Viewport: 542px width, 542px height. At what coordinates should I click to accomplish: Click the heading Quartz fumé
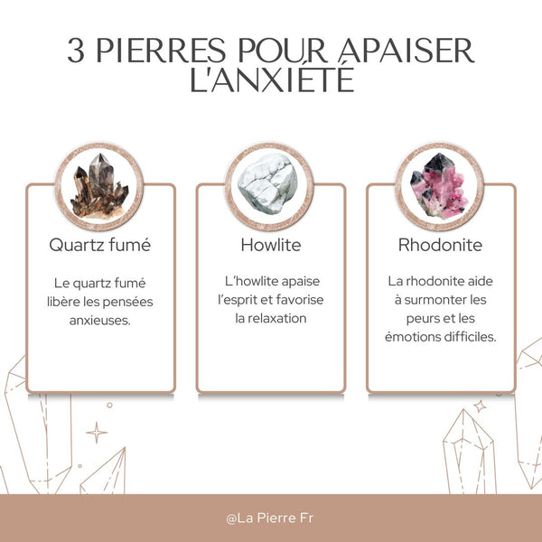(x=100, y=245)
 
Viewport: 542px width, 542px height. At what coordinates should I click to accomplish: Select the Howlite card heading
(x=270, y=245)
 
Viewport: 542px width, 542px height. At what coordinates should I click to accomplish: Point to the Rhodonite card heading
(x=440, y=245)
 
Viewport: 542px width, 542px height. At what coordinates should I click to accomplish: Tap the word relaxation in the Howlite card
(x=270, y=318)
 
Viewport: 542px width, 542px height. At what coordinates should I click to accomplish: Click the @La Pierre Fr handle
(x=270, y=519)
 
